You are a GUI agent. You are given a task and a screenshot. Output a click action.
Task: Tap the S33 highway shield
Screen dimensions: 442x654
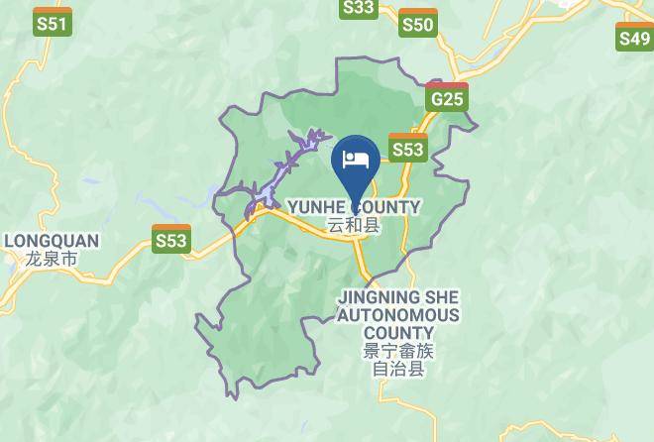pyautogui.click(x=359, y=8)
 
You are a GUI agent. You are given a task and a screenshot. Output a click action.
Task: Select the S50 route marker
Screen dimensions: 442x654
pyautogui.click(x=417, y=24)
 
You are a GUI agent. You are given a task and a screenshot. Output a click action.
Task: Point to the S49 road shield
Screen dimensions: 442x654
pyautogui.click(x=634, y=39)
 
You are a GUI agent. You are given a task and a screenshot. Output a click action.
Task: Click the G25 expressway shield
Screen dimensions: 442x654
pyautogui.click(x=448, y=99)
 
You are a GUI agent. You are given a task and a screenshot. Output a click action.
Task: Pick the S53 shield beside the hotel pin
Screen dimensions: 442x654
pyautogui.click(x=407, y=150)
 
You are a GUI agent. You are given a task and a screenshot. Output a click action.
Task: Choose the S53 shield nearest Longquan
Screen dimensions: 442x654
pyautogui.click(x=170, y=240)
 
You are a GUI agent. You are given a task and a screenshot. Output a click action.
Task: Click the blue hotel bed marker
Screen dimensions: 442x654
pyautogui.click(x=356, y=160)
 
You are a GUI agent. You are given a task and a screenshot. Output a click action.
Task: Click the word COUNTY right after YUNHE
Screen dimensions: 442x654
pyautogui.click(x=385, y=207)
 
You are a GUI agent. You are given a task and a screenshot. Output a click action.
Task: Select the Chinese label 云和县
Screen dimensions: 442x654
pyautogui.click(x=354, y=226)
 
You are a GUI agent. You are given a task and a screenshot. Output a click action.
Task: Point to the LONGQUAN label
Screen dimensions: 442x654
pyautogui.click(x=52, y=241)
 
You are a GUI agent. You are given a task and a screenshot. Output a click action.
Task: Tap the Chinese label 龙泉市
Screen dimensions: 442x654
pyautogui.click(x=52, y=259)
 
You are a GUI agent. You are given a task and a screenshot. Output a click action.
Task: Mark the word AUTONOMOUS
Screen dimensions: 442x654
pyautogui.click(x=397, y=315)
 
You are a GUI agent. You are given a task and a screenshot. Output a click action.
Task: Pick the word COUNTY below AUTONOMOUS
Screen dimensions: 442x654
pyautogui.click(x=397, y=333)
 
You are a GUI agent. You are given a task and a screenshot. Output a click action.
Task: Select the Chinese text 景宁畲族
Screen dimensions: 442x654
pyautogui.click(x=397, y=351)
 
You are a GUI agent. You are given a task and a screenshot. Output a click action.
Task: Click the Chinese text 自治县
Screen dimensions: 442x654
pyautogui.click(x=397, y=370)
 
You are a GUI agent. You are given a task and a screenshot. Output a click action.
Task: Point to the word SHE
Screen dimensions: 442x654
pyautogui.click(x=442, y=296)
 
